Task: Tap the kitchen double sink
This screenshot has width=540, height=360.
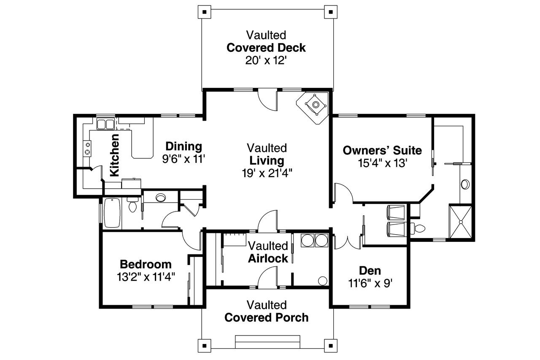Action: pos(105,124)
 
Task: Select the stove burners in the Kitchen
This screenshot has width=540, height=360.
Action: pos(87,148)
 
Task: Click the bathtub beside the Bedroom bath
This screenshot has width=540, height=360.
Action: pos(112,213)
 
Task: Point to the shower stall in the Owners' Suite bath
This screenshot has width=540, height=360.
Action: pos(460,222)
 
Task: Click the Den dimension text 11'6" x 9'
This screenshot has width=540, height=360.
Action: pos(370,283)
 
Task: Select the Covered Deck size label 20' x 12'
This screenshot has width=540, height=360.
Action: pos(266,60)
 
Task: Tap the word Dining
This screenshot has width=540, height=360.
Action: pos(184,146)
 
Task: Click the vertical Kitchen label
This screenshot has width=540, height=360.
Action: pos(114,155)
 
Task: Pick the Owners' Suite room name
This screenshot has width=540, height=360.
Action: pos(382,151)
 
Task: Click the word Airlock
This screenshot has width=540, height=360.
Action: pos(268,258)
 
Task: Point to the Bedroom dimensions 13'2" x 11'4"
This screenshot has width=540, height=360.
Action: pos(146,277)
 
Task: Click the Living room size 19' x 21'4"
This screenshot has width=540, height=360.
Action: pos(267,173)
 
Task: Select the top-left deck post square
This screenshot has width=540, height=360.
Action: pos(205,12)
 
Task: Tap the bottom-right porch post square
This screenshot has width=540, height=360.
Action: pos(331,346)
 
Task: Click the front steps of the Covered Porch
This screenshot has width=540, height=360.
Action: pos(267,342)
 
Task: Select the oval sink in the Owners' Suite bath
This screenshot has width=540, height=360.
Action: pos(465,184)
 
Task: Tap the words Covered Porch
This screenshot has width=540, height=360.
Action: pos(266,317)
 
